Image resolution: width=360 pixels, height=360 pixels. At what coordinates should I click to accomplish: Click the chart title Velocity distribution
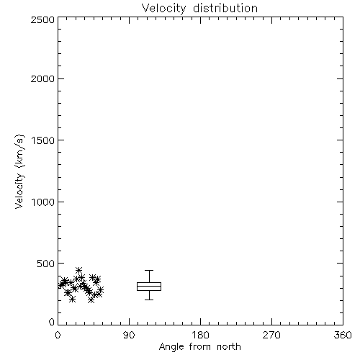[199, 9]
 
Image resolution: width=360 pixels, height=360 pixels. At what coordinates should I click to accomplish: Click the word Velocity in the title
[163, 9]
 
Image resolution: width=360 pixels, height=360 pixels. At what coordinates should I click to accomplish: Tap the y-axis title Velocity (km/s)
[19, 171]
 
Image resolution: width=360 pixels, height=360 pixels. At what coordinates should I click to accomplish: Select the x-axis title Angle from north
[199, 347]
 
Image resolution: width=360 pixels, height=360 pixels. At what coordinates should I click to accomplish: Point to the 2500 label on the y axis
[42, 19]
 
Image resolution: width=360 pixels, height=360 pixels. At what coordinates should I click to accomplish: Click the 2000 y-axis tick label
[42, 78]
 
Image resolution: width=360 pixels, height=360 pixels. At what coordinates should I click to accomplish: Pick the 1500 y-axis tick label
[43, 140]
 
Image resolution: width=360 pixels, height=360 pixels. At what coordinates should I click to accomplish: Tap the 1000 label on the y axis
[43, 202]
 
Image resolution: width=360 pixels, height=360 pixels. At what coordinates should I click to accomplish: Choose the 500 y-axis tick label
[45, 264]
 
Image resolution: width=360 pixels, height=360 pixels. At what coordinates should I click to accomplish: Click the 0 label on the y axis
[52, 322]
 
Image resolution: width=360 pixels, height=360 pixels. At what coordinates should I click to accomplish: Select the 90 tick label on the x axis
[129, 335]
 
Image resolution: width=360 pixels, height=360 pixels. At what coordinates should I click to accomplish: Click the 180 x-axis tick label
[200, 335]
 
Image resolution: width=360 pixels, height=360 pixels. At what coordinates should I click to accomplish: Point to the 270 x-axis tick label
[271, 335]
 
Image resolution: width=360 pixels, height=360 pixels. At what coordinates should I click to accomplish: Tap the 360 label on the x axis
[343, 335]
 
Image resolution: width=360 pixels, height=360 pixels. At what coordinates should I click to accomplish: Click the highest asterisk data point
[79, 270]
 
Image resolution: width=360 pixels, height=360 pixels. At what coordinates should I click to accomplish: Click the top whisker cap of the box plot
[149, 271]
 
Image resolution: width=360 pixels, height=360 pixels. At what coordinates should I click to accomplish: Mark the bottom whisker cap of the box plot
[149, 300]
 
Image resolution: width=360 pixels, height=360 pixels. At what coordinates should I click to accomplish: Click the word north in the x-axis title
[229, 347]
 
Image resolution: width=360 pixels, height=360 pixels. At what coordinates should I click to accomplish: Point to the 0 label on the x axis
[58, 335]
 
